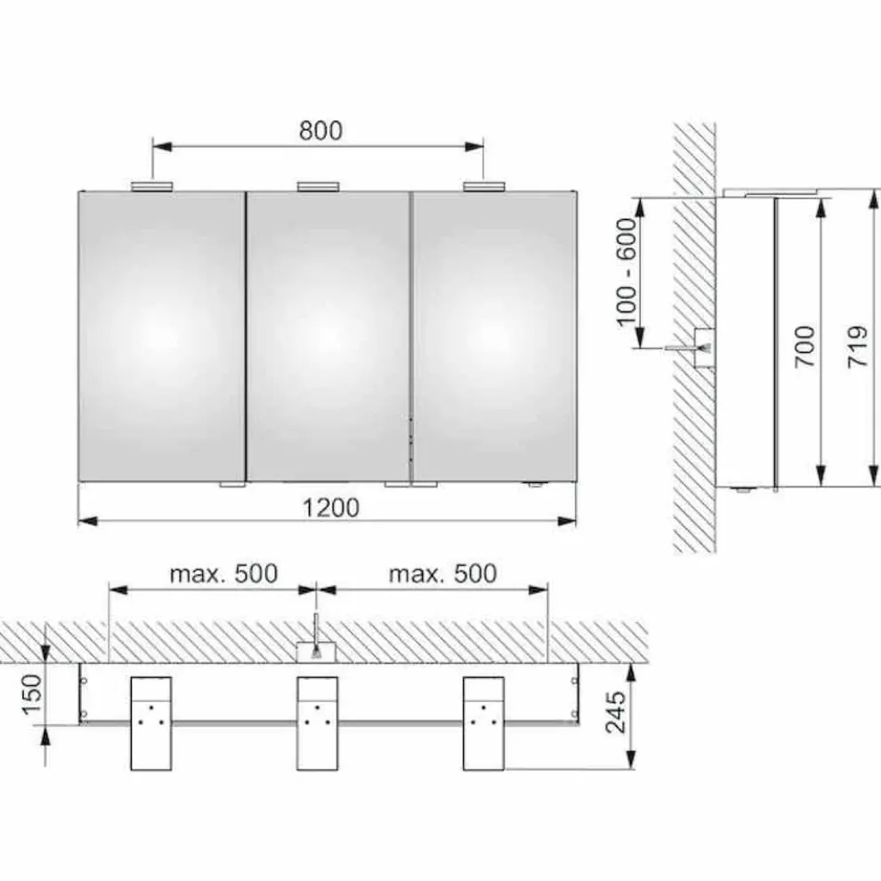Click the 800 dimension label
pyautogui.click(x=320, y=130)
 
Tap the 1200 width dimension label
pyautogui.click(x=331, y=508)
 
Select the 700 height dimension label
pyautogui.click(x=804, y=347)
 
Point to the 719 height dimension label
pyautogui.click(x=858, y=347)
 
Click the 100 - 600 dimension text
pyautogui.click(x=627, y=272)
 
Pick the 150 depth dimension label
pyautogui.click(x=33, y=695)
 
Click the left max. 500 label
pyautogui.click(x=223, y=574)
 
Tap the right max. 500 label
pyautogui.click(x=443, y=574)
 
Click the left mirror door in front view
pyautogui.click(x=162, y=336)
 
